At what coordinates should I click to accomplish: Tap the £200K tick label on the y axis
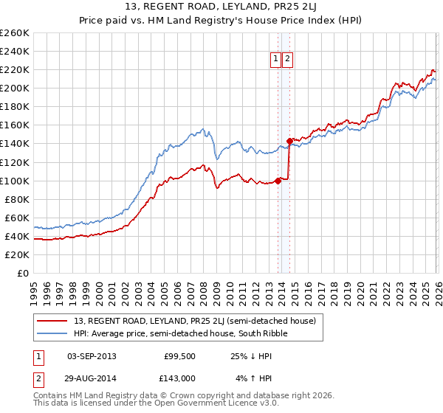tap(14, 88)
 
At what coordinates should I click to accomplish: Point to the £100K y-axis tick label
tap(14, 181)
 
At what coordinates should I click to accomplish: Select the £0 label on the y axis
tap(22, 273)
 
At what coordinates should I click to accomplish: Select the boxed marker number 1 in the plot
tap(275, 60)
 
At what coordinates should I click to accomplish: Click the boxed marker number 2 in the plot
tap(287, 60)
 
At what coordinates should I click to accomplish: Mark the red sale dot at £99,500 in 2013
tap(278, 181)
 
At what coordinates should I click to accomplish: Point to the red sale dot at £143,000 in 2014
tap(290, 140)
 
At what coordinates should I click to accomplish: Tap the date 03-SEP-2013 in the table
tap(92, 356)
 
